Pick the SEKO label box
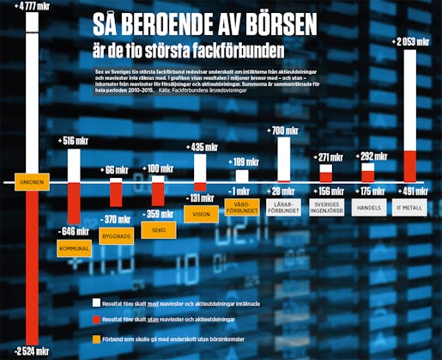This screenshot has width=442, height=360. click(x=158, y=231)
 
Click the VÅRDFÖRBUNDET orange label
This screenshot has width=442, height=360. click(x=241, y=207)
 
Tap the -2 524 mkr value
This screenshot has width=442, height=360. click(x=32, y=351)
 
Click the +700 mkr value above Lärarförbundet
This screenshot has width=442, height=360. click(x=283, y=130)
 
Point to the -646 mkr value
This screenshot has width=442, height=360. click(x=74, y=230)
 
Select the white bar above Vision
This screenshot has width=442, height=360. click(x=199, y=168)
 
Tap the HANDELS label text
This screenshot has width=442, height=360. click(x=367, y=207)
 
